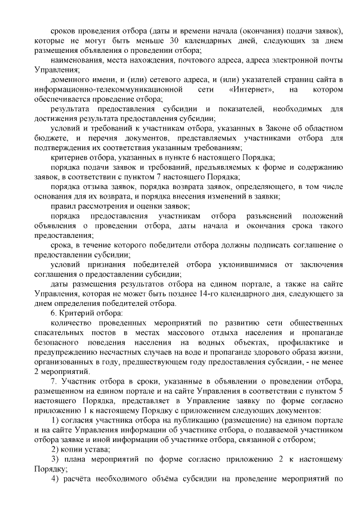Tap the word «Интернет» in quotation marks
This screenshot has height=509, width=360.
[252, 89]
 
